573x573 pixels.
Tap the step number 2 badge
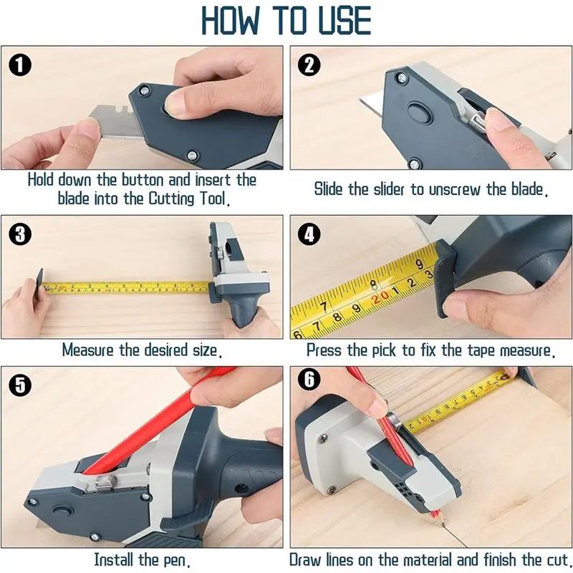coord(309,66)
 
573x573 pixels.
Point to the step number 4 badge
coord(309,234)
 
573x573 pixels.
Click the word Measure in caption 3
coord(88,351)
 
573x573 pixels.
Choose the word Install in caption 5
coord(115,559)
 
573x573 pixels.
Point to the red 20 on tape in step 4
coord(381,296)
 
